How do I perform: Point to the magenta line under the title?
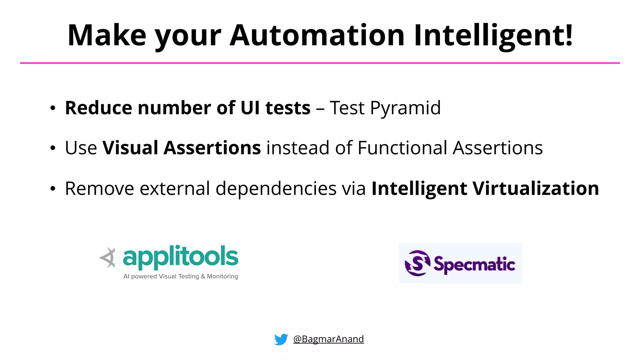tap(320, 63)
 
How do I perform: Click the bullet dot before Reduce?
tap(53, 108)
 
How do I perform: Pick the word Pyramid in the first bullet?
tap(405, 108)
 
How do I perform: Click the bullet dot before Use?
tap(53, 148)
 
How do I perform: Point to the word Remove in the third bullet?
tap(99, 188)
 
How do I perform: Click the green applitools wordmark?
tap(180, 257)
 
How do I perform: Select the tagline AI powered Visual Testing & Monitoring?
tap(181, 276)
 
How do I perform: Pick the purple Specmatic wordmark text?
tap(474, 264)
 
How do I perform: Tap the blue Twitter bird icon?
tap(281, 339)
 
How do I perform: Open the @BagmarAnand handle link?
tap(328, 339)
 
